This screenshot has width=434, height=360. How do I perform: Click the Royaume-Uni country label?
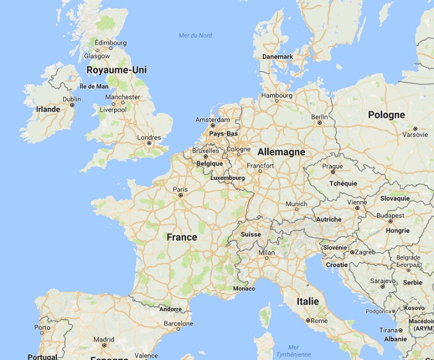tap(117, 70)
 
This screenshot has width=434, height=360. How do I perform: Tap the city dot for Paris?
tap(180, 196)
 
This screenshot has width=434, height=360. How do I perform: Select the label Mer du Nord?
tap(195, 35)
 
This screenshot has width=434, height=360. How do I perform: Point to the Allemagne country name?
tap(281, 151)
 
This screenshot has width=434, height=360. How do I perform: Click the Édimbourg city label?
tap(111, 43)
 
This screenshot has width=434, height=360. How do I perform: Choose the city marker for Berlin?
tap(319, 123)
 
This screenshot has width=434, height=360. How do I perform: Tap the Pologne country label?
tap(386, 115)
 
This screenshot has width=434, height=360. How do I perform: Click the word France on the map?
tap(182, 237)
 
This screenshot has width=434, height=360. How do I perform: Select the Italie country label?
tap(308, 301)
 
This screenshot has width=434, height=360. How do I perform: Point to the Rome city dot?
tap(308, 320)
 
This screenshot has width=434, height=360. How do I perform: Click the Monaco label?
tap(244, 289)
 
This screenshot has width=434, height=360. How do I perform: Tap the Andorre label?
tap(170, 308)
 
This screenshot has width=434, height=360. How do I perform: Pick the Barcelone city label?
tap(179, 323)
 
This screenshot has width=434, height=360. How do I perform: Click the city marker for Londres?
tap(149, 143)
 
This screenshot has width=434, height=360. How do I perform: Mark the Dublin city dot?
tap(72, 105)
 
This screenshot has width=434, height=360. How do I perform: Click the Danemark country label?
tap(278, 56)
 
